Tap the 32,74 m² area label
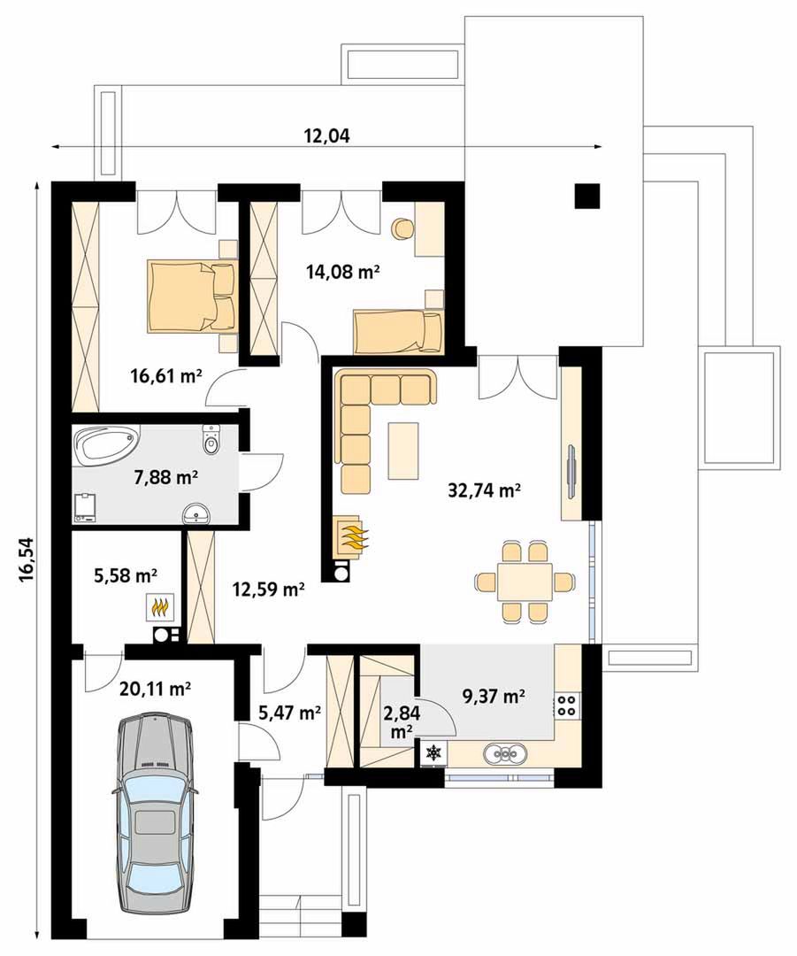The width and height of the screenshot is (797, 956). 485,490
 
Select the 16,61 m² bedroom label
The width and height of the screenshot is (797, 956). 165,375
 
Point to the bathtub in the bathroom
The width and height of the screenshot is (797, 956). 104,442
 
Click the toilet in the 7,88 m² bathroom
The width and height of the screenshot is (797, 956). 211,439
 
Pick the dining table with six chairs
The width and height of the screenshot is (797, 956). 525,582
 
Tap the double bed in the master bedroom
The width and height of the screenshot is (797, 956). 191,296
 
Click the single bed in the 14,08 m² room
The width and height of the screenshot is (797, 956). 397,332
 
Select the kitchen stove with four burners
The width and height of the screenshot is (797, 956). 567,705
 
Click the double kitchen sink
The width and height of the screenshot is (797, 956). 505,753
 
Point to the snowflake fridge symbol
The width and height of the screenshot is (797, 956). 433,752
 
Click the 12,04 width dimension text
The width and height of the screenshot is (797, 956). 327,136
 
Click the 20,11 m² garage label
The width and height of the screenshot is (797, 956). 155,689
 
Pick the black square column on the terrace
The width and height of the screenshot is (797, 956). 587,196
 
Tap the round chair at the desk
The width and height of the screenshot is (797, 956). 402,228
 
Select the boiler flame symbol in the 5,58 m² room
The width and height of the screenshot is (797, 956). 159,607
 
